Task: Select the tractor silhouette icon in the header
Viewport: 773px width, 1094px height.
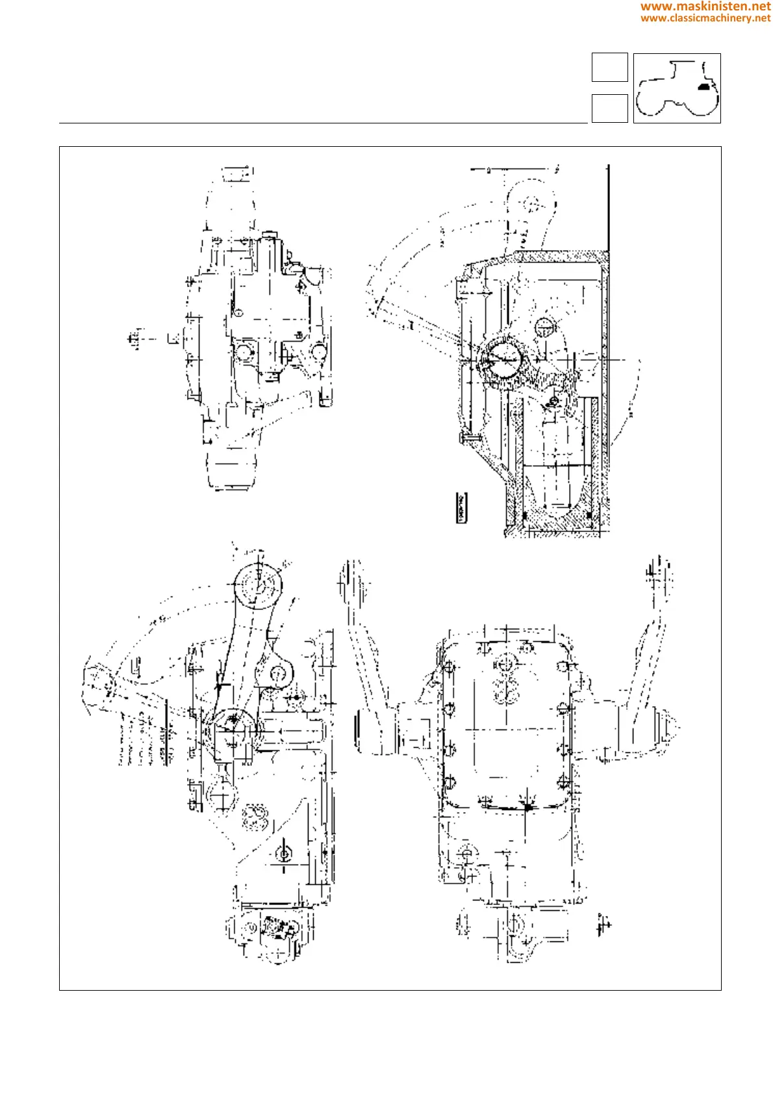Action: pos(676,88)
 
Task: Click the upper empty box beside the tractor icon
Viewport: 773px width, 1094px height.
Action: pos(609,67)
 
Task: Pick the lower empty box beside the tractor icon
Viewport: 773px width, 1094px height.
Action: pos(609,108)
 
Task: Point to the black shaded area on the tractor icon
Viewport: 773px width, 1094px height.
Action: pos(702,86)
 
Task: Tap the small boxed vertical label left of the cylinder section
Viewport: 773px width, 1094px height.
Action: pos(462,507)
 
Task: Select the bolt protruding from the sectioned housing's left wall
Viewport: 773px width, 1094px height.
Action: pos(469,439)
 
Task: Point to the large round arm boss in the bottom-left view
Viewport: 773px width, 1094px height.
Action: pos(259,585)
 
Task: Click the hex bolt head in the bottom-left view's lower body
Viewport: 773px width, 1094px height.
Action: pos(284,853)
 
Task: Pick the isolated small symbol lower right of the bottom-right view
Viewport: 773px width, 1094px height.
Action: pos(603,924)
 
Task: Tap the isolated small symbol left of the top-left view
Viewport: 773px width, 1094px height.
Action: pos(134,339)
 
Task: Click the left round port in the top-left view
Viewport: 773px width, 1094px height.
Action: pos(244,353)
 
